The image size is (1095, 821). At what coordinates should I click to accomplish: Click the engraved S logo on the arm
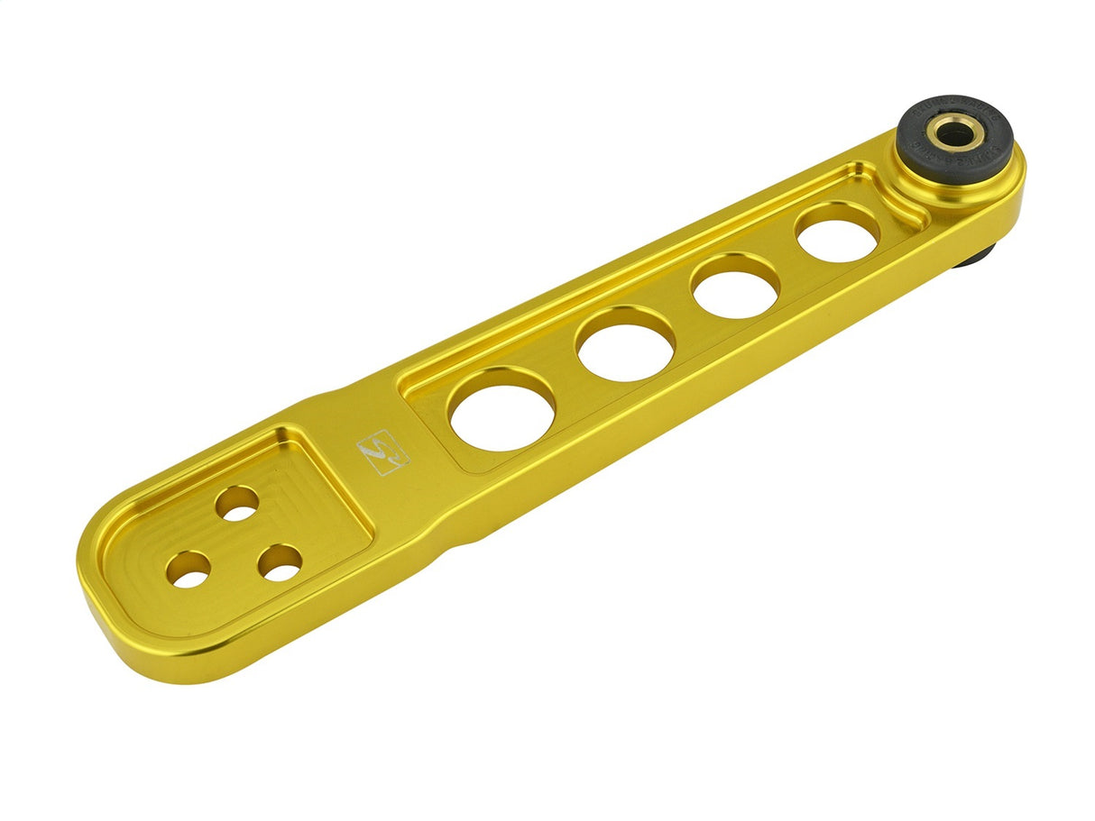click(x=383, y=452)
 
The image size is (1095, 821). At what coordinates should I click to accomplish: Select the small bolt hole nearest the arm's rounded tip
click(x=189, y=570)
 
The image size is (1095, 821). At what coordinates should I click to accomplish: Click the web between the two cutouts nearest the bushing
click(x=787, y=261)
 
